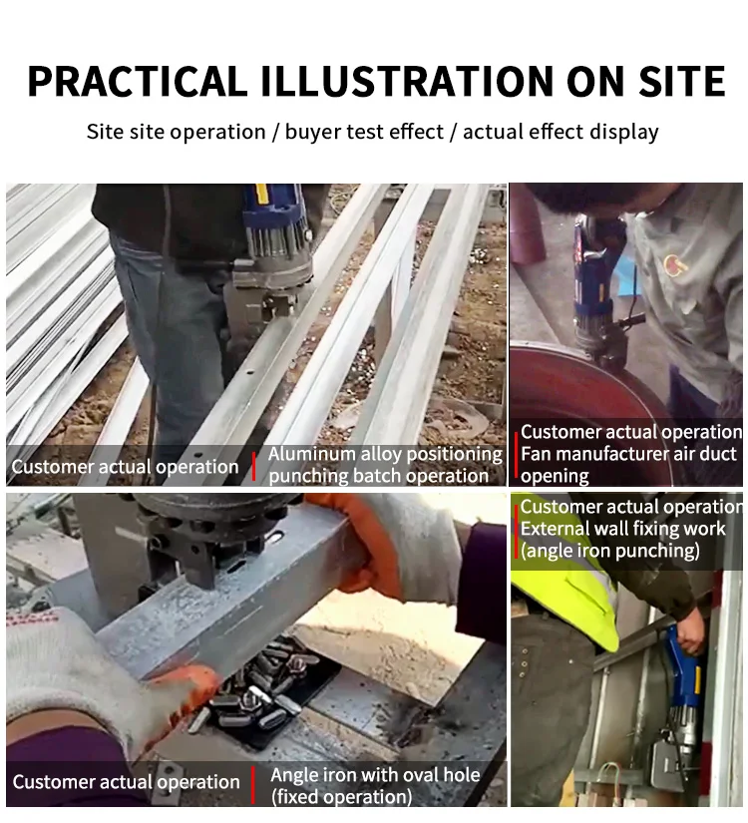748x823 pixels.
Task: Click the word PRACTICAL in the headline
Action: pyautogui.click(x=138, y=81)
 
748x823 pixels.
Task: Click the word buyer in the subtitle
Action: pyautogui.click(x=311, y=132)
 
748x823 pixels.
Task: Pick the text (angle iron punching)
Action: pyautogui.click(x=610, y=551)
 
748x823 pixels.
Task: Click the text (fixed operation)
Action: pyautogui.click(x=341, y=797)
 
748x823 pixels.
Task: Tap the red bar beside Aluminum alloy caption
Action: pyautogui.click(x=254, y=466)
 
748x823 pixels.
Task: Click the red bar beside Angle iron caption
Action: pyautogui.click(x=253, y=785)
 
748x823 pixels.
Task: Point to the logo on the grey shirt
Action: pyautogui.click(x=674, y=264)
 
